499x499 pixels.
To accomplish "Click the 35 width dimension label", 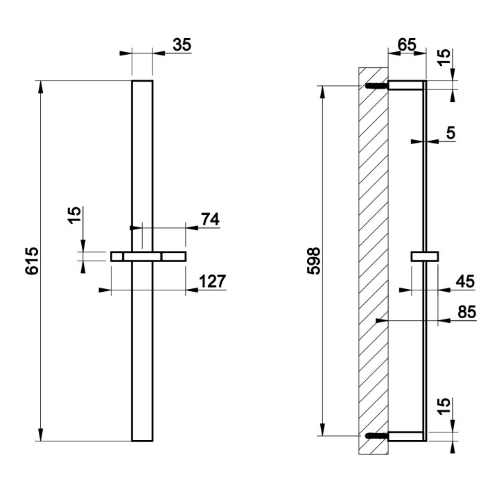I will tap(182, 45).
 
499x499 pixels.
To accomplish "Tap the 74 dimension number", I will tap(209, 219).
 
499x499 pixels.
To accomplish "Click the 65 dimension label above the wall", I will tap(406, 45).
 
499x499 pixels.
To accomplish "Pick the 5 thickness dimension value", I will tap(450, 133).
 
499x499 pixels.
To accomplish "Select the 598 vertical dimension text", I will tap(313, 261).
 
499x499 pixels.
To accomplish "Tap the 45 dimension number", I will tap(466, 281).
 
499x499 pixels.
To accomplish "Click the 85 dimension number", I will tap(466, 313).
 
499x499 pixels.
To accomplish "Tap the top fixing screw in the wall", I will tap(375, 86).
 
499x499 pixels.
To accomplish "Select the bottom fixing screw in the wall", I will tap(375, 437).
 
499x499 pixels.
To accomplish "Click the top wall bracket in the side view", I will tap(405, 85).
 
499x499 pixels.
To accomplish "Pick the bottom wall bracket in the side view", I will tap(405, 436).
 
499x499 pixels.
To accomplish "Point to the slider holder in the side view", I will tap(424, 256).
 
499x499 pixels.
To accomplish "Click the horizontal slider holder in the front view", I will tap(148, 256).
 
